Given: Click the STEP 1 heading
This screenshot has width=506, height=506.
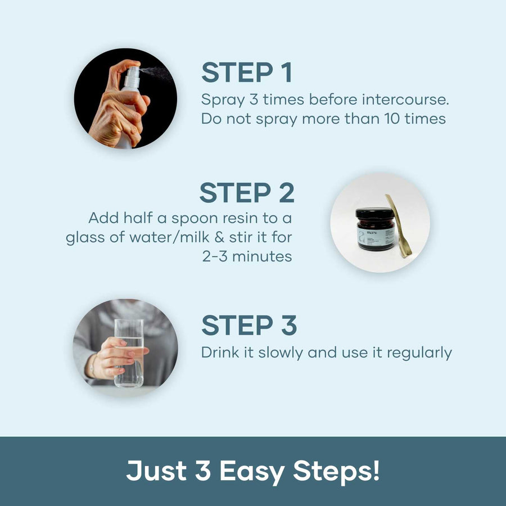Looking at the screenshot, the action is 247,73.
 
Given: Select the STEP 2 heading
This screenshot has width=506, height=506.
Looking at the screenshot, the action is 247,192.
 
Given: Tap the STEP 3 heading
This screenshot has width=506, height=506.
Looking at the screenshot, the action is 249,325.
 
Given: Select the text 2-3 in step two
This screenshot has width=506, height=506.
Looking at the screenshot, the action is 215,256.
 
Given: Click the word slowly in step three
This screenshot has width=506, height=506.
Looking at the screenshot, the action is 281,353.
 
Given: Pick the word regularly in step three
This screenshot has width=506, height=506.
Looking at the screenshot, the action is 419,353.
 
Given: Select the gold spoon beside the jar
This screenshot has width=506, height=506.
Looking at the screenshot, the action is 398,225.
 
